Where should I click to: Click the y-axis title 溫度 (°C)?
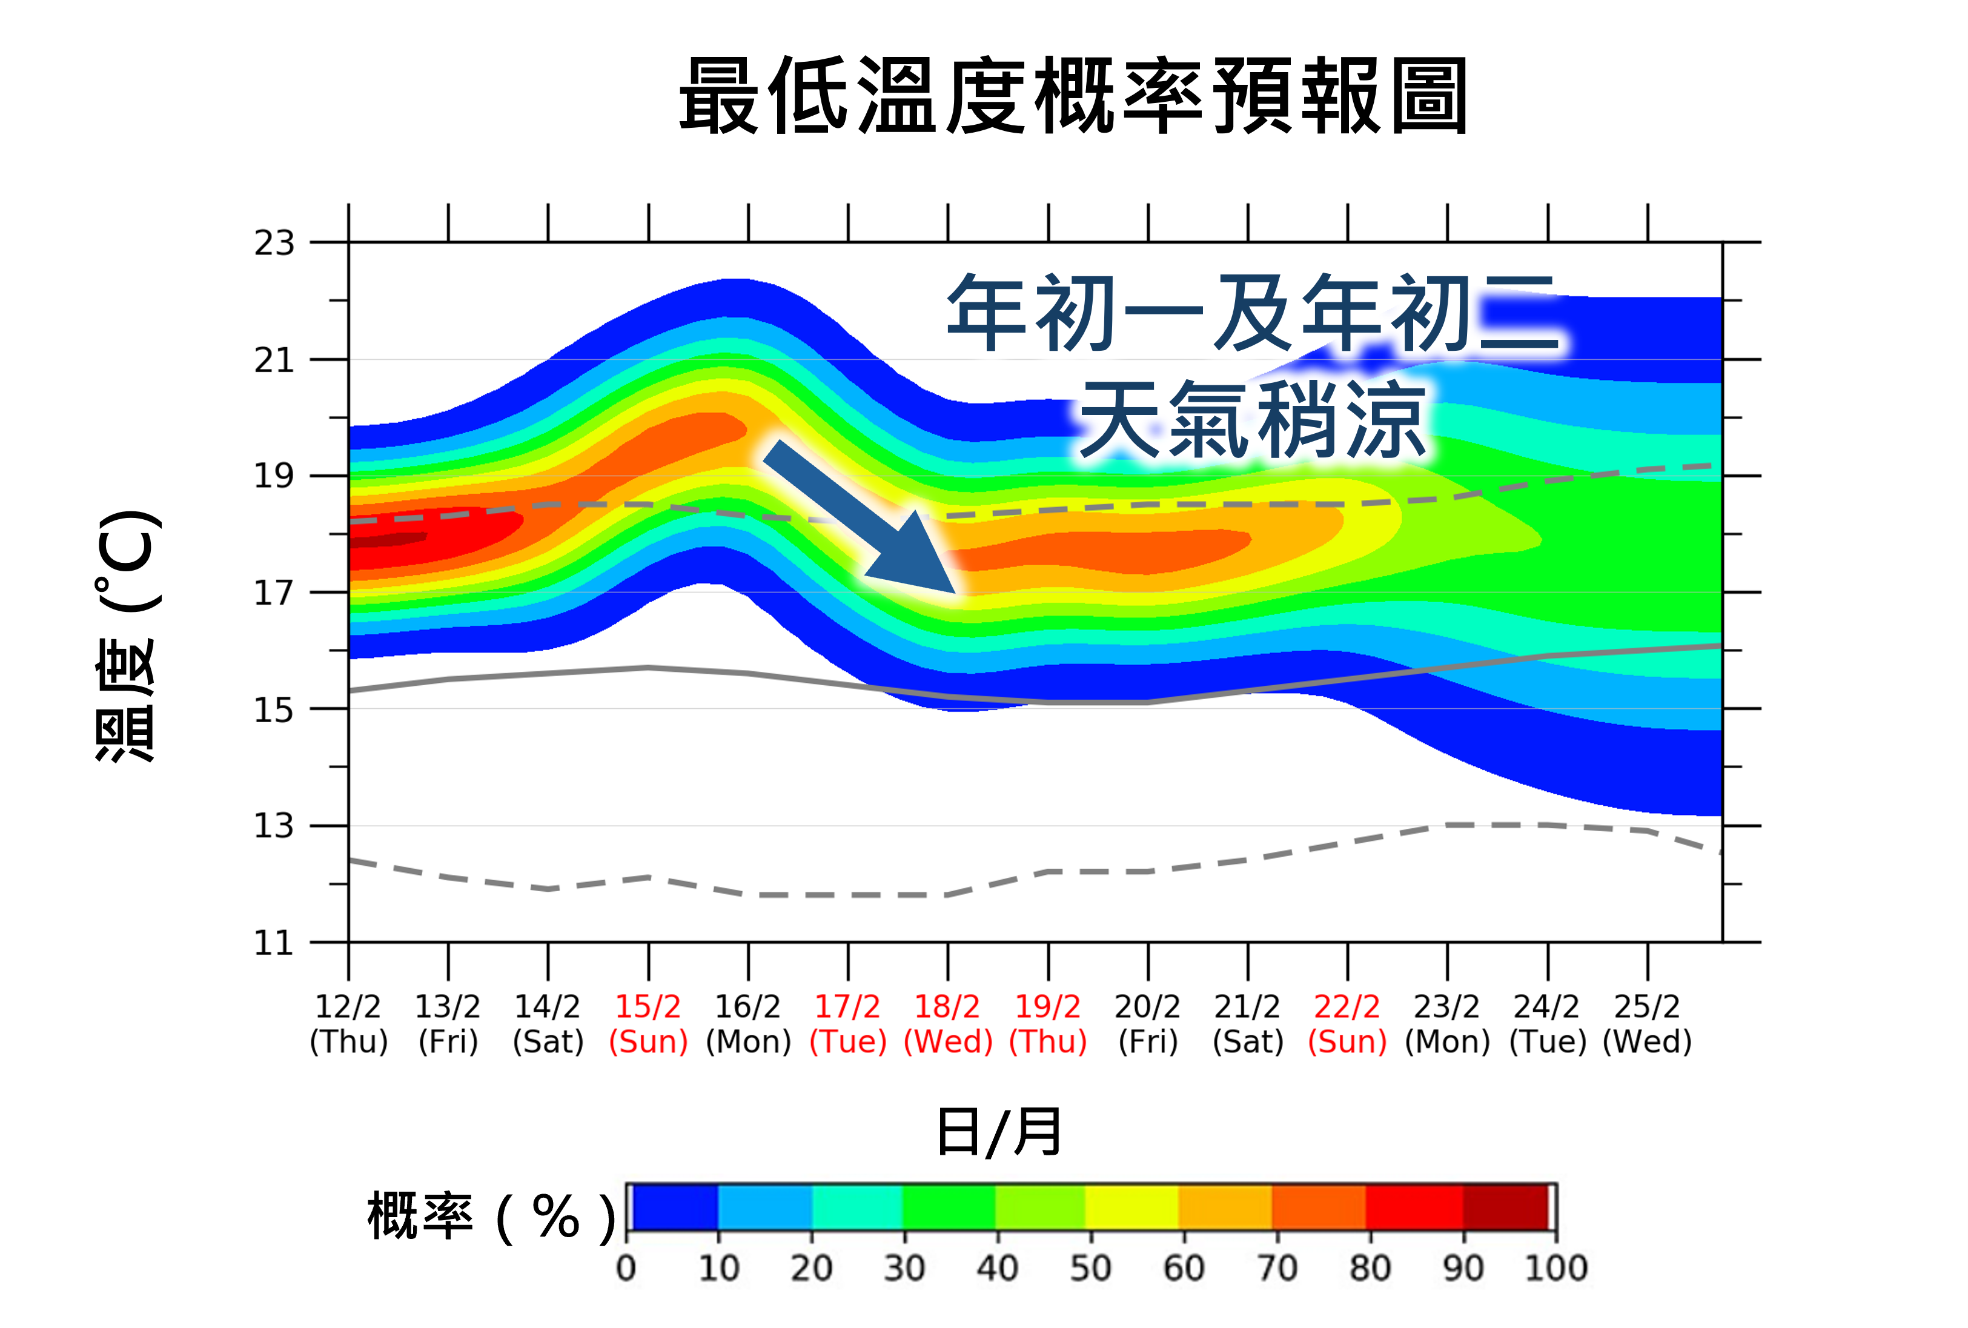click(127, 635)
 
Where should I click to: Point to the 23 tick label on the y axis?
click(274, 243)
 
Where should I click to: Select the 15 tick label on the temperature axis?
click(274, 709)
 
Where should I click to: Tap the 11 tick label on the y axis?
click(274, 943)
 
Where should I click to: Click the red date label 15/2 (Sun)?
click(648, 1024)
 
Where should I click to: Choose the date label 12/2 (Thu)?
click(348, 1024)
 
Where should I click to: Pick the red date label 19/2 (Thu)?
click(1047, 1024)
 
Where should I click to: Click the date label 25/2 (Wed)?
click(1647, 1024)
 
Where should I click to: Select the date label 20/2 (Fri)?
click(1147, 1024)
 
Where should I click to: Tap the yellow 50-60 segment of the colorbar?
click(1131, 1207)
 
